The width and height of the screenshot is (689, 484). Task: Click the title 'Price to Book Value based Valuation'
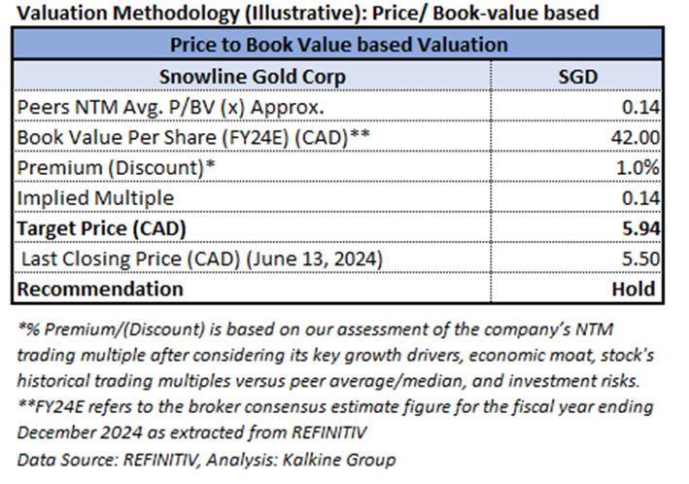click(x=338, y=45)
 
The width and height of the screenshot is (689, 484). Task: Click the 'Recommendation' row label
click(x=98, y=289)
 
